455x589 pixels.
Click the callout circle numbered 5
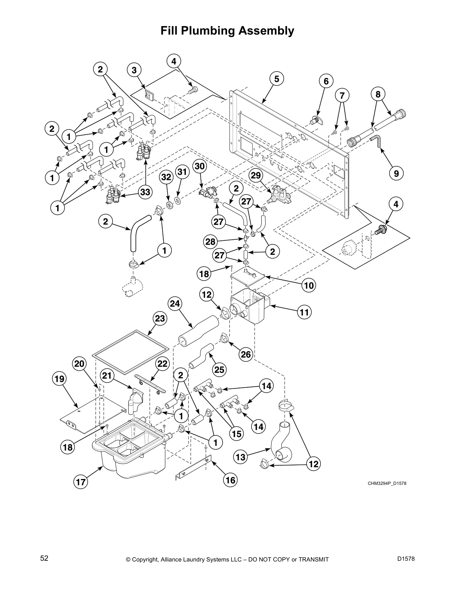(x=277, y=79)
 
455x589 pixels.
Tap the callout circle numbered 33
(x=146, y=192)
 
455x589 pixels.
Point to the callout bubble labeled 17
(x=80, y=482)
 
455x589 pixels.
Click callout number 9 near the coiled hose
(x=396, y=173)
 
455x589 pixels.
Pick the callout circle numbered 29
(x=256, y=175)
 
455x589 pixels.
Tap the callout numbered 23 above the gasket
(x=160, y=319)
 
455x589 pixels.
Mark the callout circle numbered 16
(x=230, y=480)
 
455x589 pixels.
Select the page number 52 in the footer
(x=44, y=558)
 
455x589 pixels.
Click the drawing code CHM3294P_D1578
(x=385, y=483)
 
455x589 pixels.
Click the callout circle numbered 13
(x=241, y=457)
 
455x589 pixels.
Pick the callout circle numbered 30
(x=200, y=166)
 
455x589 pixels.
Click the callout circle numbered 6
(x=326, y=81)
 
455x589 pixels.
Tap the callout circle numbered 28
(x=210, y=242)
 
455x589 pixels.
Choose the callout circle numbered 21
(x=107, y=376)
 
